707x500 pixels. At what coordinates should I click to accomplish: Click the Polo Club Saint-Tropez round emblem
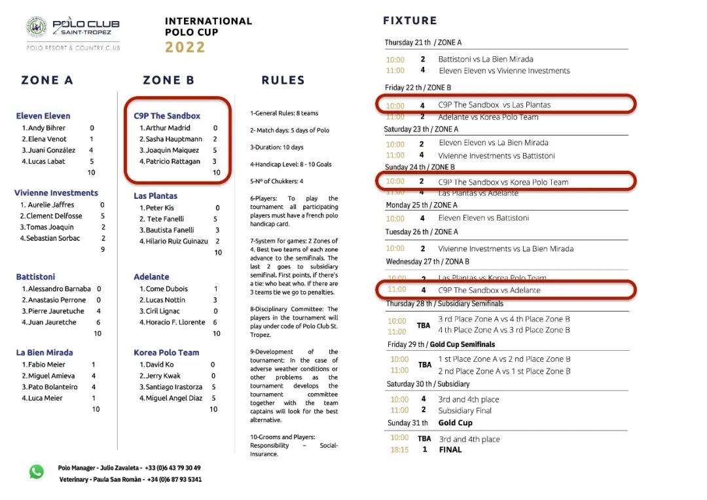[37, 27]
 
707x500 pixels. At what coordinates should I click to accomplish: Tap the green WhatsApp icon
[37, 471]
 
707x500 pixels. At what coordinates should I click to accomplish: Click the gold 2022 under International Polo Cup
[185, 47]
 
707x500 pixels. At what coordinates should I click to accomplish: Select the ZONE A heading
[47, 80]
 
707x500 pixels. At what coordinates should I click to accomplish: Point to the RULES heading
[283, 80]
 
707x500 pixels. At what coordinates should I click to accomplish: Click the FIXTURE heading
[410, 21]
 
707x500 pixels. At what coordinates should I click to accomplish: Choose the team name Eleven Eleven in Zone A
[43, 116]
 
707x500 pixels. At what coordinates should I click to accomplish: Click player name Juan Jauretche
[52, 322]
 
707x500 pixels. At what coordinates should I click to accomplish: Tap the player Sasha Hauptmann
[173, 139]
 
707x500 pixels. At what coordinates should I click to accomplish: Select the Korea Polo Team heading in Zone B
[166, 352]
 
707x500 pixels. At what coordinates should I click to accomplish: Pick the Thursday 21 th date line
[423, 43]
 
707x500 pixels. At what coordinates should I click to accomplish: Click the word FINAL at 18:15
[450, 450]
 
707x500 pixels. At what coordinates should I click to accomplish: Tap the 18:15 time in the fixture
[399, 450]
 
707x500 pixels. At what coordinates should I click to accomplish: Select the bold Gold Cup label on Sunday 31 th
[455, 423]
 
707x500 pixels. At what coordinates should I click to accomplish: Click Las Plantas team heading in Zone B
[155, 196]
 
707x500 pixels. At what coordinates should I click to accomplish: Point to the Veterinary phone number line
[130, 479]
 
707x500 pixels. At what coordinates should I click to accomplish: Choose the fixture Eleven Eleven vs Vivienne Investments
[504, 71]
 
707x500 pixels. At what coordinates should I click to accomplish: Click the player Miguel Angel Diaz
[173, 398]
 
